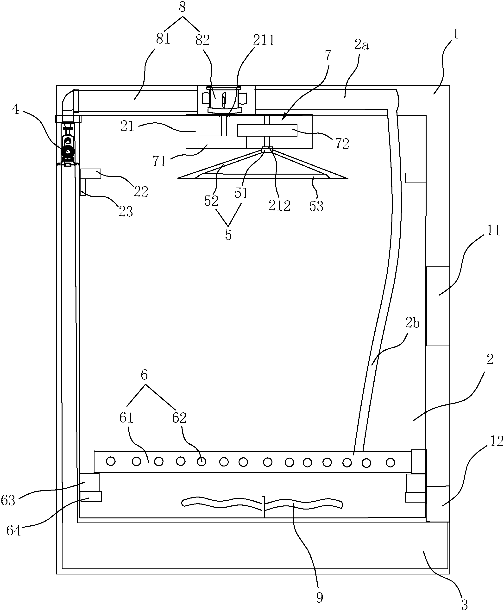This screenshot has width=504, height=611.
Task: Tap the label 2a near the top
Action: (361, 45)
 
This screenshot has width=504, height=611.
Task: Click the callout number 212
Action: (279, 206)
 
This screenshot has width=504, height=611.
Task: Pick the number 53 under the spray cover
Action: (316, 206)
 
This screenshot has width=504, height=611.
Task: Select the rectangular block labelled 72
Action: (267, 130)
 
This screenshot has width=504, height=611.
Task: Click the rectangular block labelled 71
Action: (223, 142)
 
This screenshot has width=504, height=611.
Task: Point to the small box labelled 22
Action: (91, 174)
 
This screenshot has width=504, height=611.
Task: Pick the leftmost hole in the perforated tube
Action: (111, 461)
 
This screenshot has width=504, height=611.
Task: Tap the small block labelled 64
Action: (91, 497)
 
